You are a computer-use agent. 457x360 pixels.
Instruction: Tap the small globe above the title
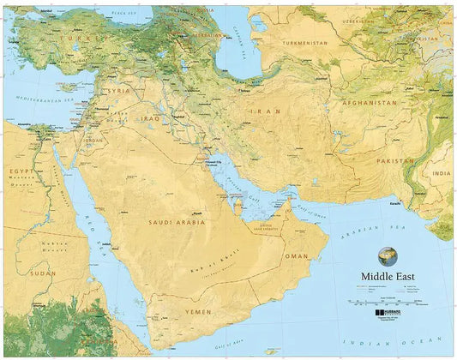point(388,255)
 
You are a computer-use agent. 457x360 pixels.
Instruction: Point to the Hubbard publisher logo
point(390,315)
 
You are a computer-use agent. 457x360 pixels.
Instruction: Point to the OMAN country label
point(297,255)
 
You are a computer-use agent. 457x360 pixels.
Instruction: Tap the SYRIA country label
point(118,90)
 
